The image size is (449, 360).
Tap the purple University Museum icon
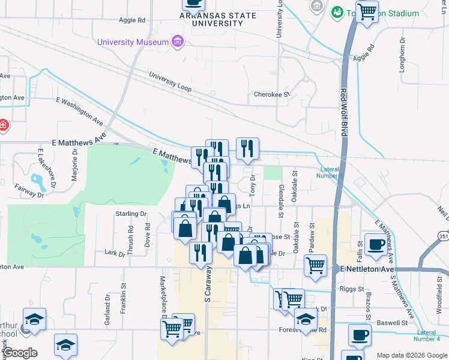177,42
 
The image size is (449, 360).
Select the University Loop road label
170,83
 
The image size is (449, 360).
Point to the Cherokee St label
271,95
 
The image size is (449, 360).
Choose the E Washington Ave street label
80,110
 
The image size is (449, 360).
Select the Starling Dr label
131,214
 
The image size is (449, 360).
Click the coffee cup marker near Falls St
376,244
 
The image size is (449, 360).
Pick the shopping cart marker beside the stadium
367,11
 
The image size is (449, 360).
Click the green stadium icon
337,13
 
